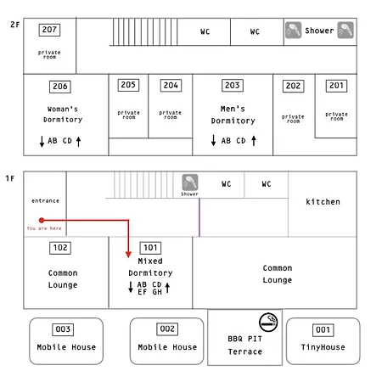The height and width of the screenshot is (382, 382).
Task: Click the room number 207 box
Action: tap(49, 30)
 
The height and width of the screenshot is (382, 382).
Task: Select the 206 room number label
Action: tap(60, 87)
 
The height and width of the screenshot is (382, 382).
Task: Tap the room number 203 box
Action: tap(233, 86)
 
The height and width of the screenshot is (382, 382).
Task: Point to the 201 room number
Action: tap(336, 86)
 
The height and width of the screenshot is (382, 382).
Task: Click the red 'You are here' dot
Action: tap(42, 220)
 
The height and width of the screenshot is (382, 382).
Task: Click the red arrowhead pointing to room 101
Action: tap(128, 254)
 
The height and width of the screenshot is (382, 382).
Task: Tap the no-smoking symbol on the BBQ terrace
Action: tap(268, 322)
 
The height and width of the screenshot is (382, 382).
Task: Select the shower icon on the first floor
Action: tap(190, 183)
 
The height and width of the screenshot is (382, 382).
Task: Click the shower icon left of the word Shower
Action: tap(293, 30)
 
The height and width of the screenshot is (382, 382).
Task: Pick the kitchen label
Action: tap(323, 202)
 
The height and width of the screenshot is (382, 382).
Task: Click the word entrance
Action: tap(45, 201)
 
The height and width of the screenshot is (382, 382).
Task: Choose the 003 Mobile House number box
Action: tap(63, 329)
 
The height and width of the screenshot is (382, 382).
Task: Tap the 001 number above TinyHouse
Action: tap(323, 330)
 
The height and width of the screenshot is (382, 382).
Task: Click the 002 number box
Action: tap(167, 329)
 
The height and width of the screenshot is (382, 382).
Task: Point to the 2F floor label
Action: tap(15, 25)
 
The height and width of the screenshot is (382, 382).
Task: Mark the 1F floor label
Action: tap(10, 178)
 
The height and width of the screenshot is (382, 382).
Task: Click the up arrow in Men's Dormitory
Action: tap(254, 141)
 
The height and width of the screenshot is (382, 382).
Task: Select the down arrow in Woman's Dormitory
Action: tap(42, 142)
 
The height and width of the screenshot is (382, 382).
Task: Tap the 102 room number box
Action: tap(60, 248)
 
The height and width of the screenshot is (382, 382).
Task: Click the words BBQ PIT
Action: tap(245, 339)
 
